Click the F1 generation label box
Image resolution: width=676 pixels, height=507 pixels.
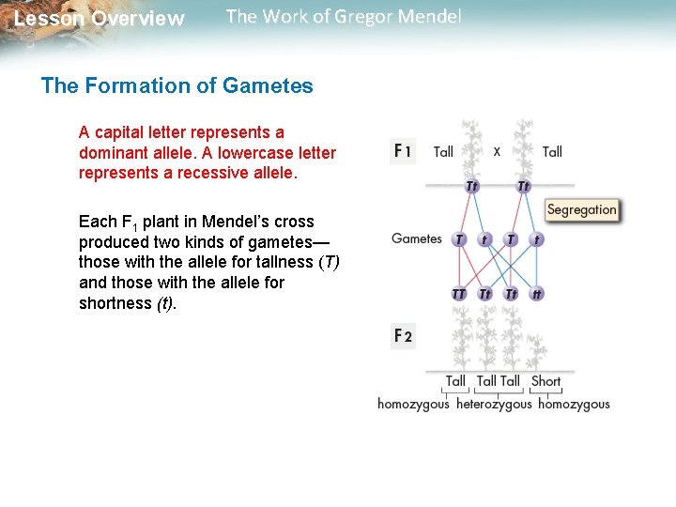coord(402,150)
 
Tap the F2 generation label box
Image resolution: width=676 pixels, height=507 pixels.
coord(402,335)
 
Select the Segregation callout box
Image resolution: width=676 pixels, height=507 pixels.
coord(581,209)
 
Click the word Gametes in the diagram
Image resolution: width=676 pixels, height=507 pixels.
coord(417,238)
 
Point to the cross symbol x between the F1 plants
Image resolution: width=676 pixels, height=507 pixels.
coord(497,150)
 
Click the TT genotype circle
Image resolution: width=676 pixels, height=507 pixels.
coord(458,294)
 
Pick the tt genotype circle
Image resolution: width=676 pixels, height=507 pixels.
coord(536,294)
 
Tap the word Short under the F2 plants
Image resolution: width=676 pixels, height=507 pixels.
coord(545,381)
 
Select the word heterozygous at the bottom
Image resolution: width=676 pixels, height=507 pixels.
coord(494,405)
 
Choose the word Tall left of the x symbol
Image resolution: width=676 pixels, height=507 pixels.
coord(443,151)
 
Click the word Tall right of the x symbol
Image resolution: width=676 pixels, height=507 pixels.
coord(552,151)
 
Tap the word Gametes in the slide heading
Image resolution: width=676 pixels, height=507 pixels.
coord(268,86)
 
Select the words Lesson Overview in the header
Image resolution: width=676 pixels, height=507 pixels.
coord(100,19)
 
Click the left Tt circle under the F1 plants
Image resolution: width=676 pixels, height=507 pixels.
coord(471,186)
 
